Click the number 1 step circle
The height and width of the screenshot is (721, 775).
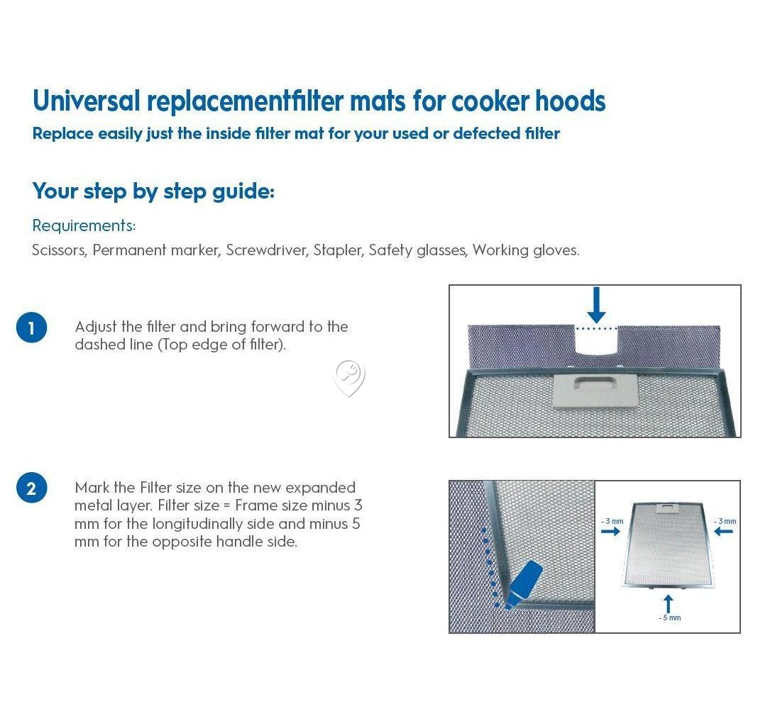point(32,328)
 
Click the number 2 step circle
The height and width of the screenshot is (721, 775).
point(32,488)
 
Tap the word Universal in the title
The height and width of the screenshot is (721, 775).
point(87,101)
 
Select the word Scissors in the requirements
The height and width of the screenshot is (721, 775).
point(60,250)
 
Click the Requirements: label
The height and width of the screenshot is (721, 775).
point(84,225)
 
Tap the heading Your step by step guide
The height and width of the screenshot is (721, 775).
point(153,191)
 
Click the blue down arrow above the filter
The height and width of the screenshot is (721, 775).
point(597,305)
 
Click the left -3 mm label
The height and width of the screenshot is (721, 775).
point(612,522)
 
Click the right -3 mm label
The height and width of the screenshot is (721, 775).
point(725,522)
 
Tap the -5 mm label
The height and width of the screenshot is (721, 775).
point(670,617)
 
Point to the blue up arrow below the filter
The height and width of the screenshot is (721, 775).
point(669,603)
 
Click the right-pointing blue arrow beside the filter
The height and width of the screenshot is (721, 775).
point(610,532)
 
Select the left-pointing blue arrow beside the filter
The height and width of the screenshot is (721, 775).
point(724,532)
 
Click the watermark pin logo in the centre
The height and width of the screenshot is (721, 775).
point(349,379)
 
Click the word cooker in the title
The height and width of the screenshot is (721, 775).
point(490,101)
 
